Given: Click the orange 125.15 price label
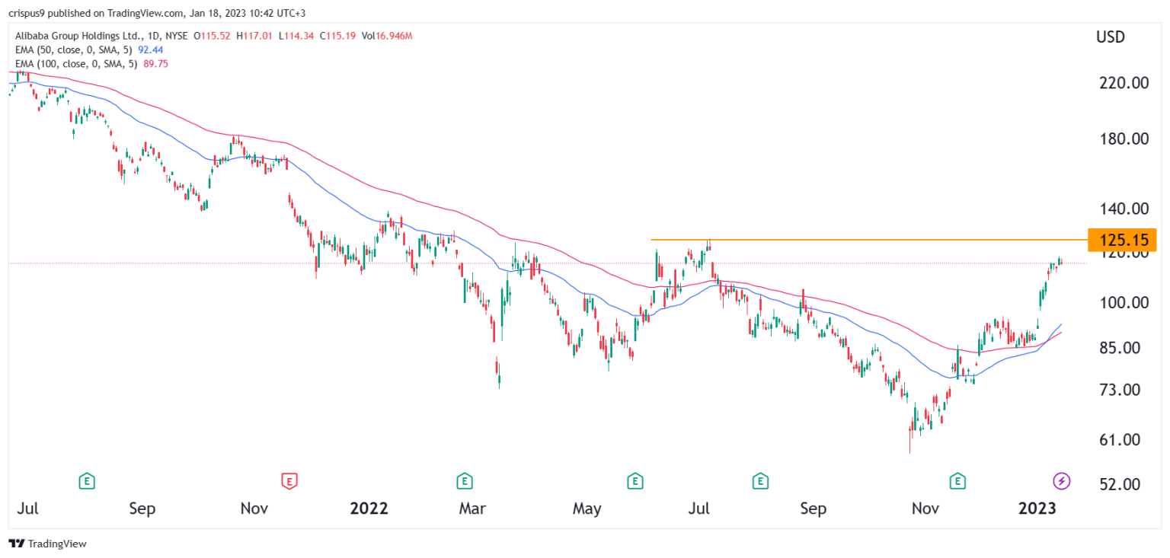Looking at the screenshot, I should [x=1122, y=240].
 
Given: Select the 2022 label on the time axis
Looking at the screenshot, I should [x=369, y=508].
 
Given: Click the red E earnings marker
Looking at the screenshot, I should [x=289, y=480].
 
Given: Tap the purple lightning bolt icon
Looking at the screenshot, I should [x=1061, y=480].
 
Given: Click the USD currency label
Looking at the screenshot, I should [x=1110, y=37].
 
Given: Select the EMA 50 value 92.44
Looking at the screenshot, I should [x=151, y=50].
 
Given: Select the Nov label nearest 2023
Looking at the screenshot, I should [x=925, y=508].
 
